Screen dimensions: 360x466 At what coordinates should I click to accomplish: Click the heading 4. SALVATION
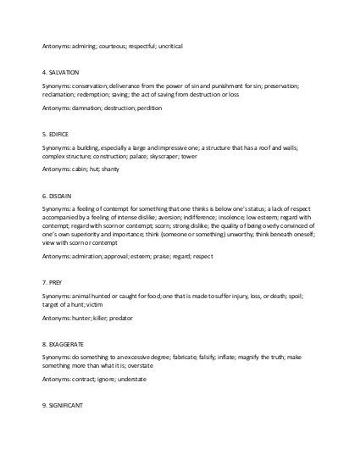click(x=62, y=74)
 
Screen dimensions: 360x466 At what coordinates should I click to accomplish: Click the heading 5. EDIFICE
click(x=58, y=135)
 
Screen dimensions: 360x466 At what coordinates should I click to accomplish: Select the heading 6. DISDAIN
click(x=58, y=195)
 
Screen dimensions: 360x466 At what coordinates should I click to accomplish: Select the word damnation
click(x=86, y=108)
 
